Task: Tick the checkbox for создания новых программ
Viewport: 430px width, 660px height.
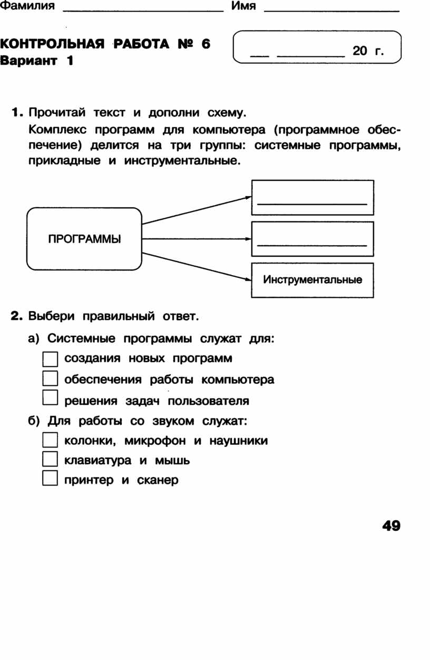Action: point(50,358)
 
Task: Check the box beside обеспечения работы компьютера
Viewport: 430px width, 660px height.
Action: point(50,378)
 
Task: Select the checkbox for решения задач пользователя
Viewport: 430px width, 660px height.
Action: point(50,397)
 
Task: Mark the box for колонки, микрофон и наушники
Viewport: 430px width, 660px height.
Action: point(50,440)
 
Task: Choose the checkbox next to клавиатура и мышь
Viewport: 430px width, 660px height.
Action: point(50,459)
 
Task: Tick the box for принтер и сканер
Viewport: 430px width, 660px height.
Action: point(50,478)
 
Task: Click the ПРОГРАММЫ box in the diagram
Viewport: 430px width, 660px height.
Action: point(84,239)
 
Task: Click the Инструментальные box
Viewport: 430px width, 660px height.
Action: point(312,280)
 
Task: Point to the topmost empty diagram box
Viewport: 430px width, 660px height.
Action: point(312,197)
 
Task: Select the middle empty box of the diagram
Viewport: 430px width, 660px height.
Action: point(312,239)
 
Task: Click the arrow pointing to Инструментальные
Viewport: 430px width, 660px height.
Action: point(197,267)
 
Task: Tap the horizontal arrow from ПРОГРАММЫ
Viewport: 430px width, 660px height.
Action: point(197,239)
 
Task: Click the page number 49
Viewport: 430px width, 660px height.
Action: point(391,526)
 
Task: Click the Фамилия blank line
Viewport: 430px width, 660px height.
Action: point(143,11)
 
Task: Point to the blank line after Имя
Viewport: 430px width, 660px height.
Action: point(332,11)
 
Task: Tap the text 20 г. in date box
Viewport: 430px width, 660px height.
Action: point(368,51)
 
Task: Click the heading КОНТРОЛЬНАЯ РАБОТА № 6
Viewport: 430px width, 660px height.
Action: point(105,44)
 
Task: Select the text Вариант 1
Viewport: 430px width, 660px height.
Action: point(36,61)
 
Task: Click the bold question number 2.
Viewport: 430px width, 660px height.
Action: point(16,316)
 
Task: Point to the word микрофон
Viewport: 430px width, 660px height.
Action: point(155,441)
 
